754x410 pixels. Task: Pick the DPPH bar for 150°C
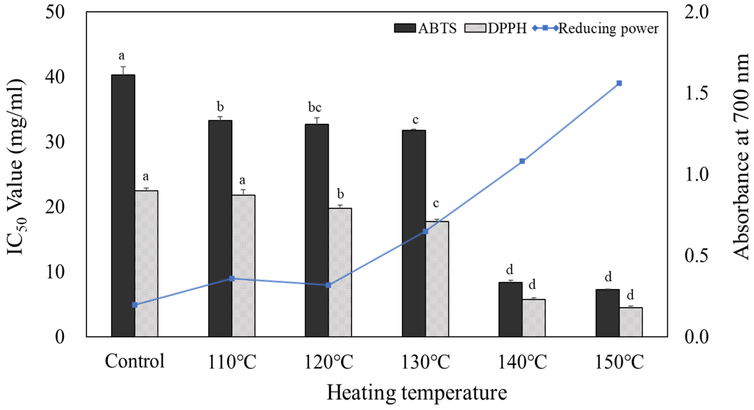631,322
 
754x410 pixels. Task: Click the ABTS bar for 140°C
510,309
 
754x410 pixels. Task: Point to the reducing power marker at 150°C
619,83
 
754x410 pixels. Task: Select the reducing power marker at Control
135,305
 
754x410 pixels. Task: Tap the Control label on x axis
135,361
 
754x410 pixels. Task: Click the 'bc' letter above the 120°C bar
315,108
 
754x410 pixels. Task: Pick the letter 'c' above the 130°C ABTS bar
415,120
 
